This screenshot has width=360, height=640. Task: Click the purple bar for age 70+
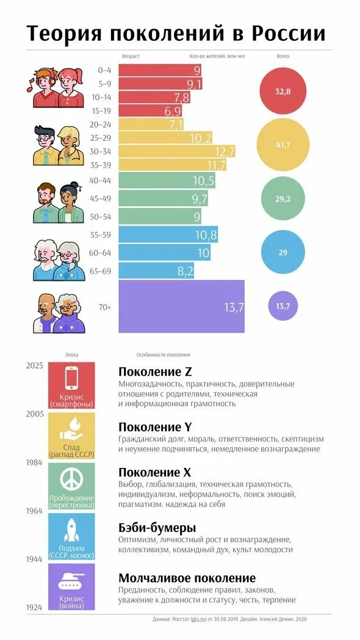pyautogui.click(x=181, y=306)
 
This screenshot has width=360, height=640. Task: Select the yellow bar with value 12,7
pyautogui.click(x=176, y=151)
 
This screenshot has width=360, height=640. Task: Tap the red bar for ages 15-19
pyautogui.click(x=150, y=110)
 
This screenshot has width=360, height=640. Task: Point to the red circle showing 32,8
pyautogui.click(x=283, y=91)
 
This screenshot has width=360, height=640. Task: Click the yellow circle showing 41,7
pyautogui.click(x=283, y=145)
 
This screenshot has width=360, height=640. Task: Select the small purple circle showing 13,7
pyautogui.click(x=283, y=306)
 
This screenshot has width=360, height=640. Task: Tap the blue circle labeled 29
pyautogui.click(x=283, y=251)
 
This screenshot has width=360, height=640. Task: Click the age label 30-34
pyautogui.click(x=104, y=151)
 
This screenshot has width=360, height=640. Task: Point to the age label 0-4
pyautogui.click(x=104, y=70)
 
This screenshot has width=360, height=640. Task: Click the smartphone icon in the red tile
pyautogui.click(x=71, y=378)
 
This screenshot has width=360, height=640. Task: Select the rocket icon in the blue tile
pyautogui.click(x=71, y=529)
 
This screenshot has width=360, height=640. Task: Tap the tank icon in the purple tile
pyautogui.click(x=71, y=582)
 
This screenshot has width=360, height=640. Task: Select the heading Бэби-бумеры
pyautogui.click(x=157, y=527)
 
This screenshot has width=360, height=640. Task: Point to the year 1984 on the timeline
pyautogui.click(x=34, y=462)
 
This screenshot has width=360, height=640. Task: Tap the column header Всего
pyautogui.click(x=283, y=56)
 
